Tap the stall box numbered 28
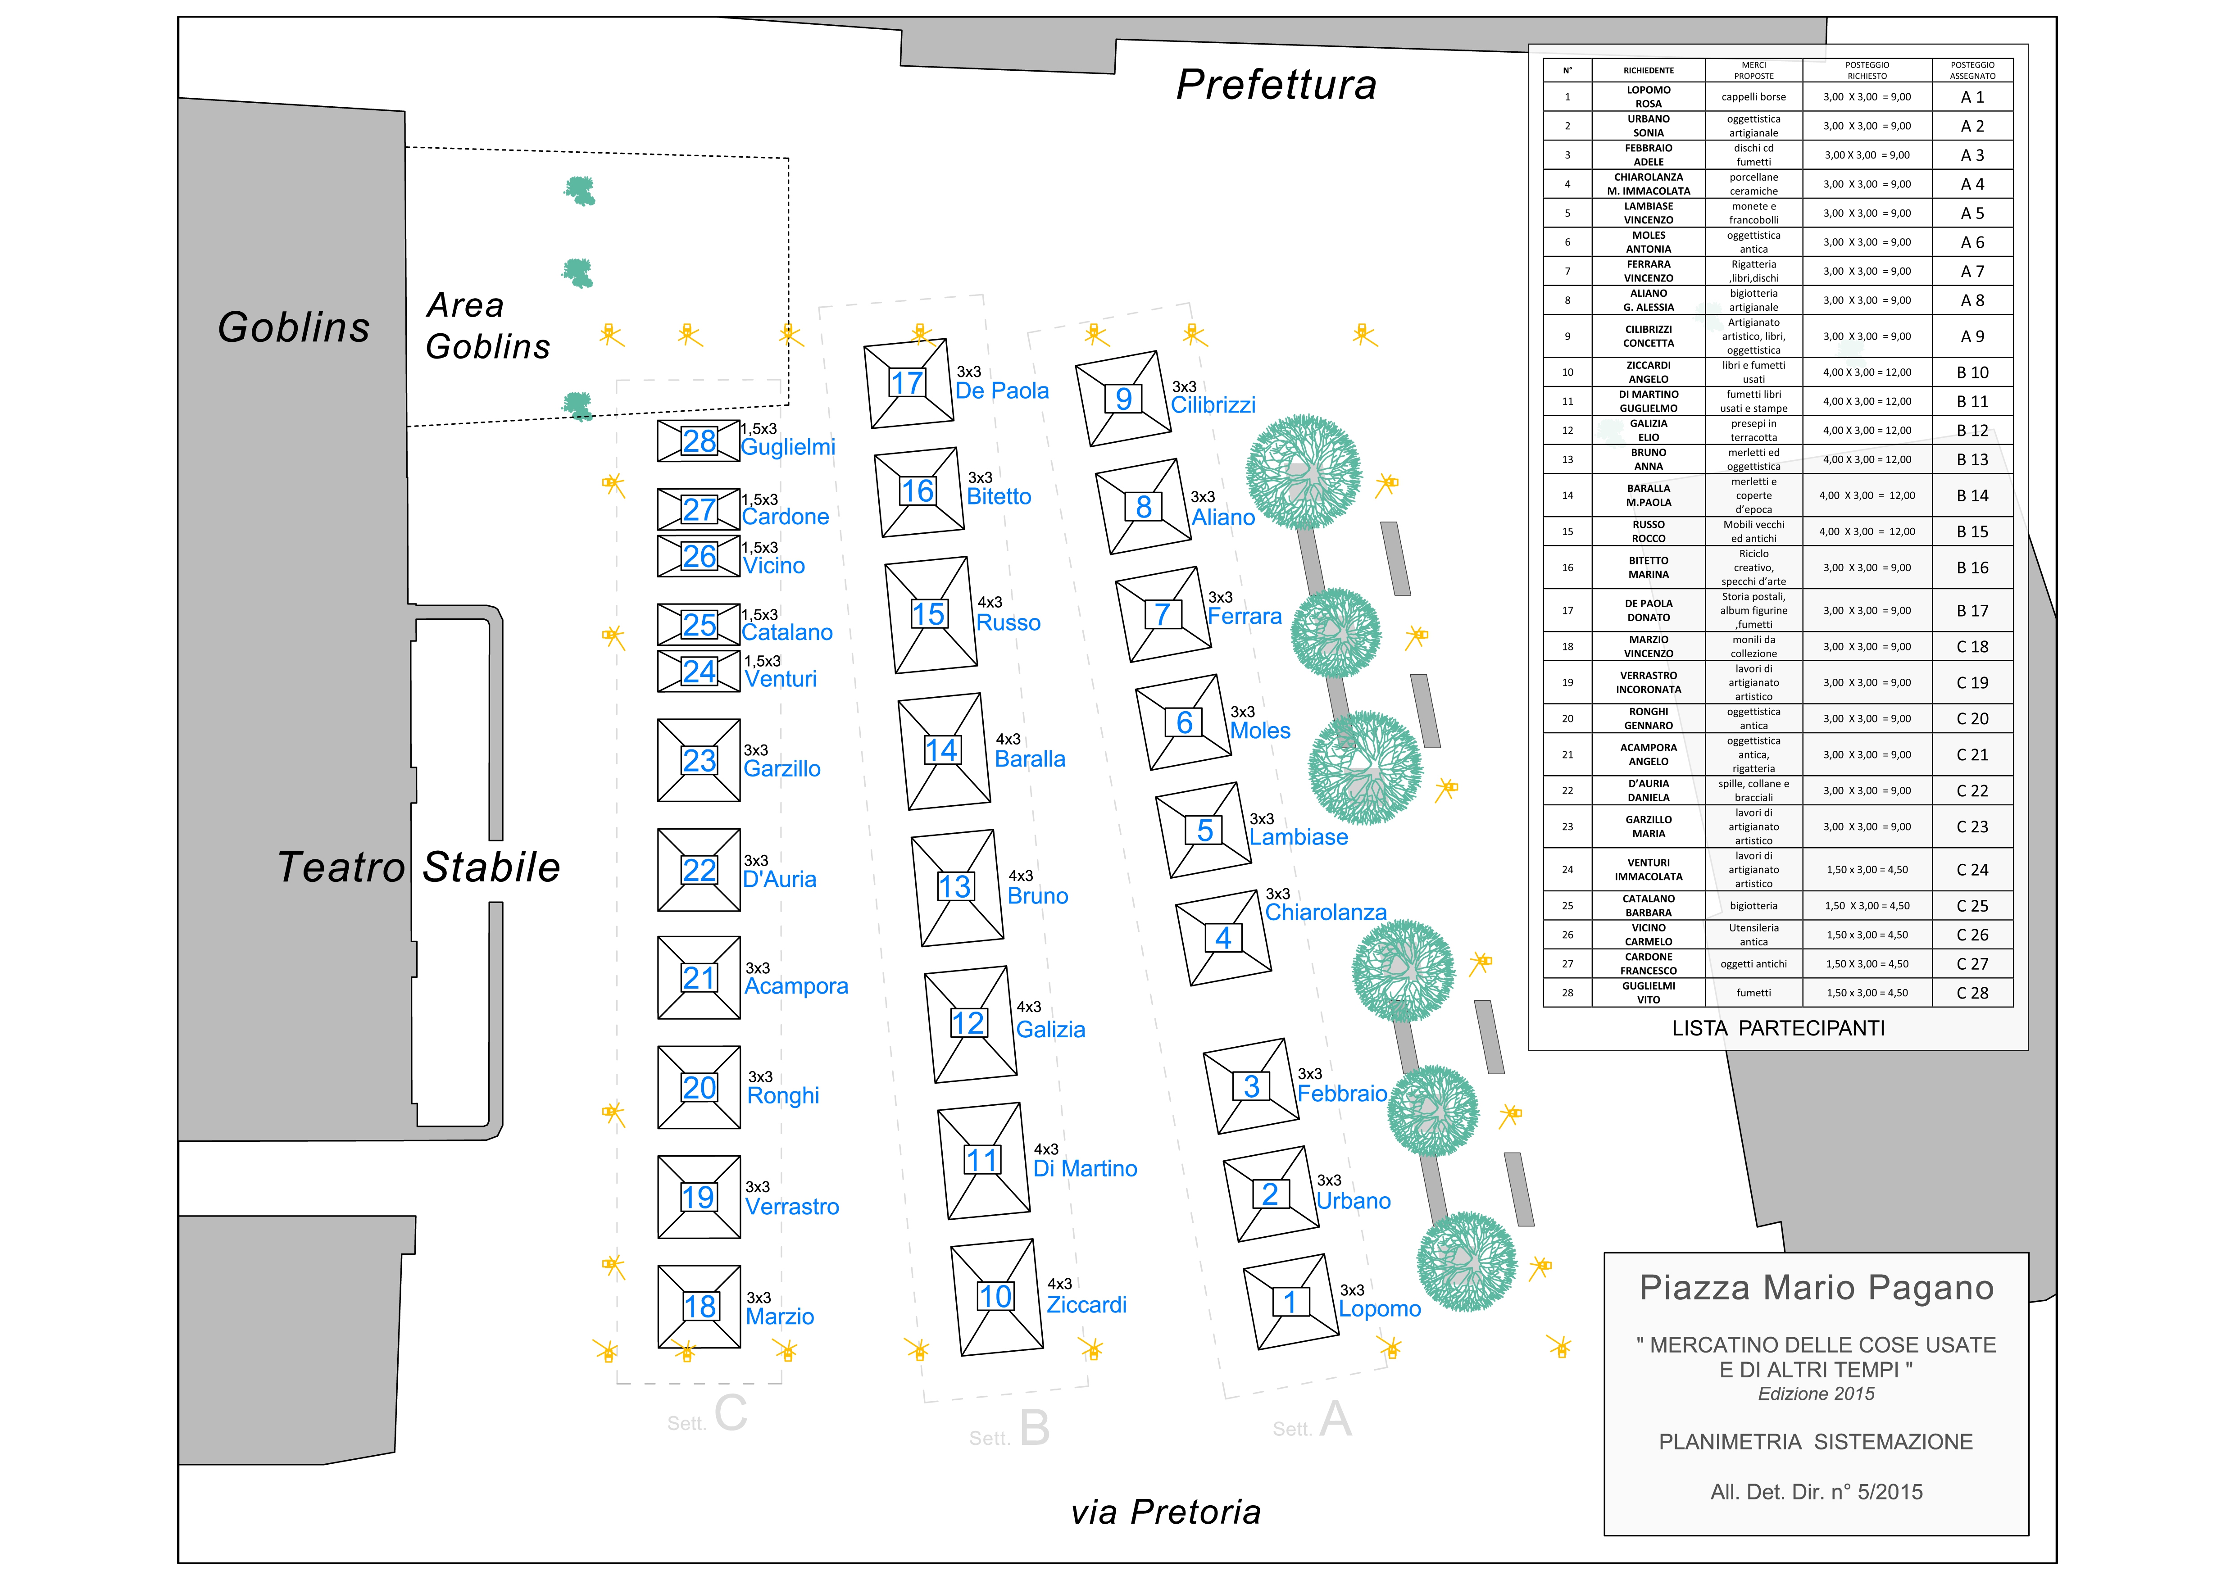click(x=699, y=441)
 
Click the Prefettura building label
click(x=1276, y=85)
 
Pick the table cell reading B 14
click(x=1972, y=495)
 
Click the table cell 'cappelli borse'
click(x=1753, y=97)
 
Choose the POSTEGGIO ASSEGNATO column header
click(x=1972, y=70)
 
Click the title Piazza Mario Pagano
click(x=1817, y=1288)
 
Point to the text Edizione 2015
click(x=1817, y=1394)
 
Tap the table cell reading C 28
click(x=1972, y=993)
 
